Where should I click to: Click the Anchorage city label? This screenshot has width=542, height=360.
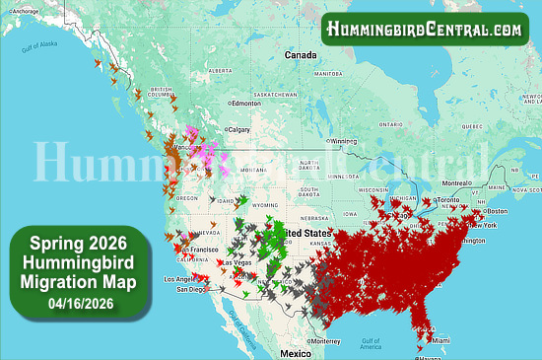coord(27,11)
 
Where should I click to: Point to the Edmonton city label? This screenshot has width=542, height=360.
coord(242,103)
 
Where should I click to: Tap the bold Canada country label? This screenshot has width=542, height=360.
coord(301,55)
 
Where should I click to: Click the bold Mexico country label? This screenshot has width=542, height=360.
coord(296,352)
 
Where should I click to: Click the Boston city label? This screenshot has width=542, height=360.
coord(497,212)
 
